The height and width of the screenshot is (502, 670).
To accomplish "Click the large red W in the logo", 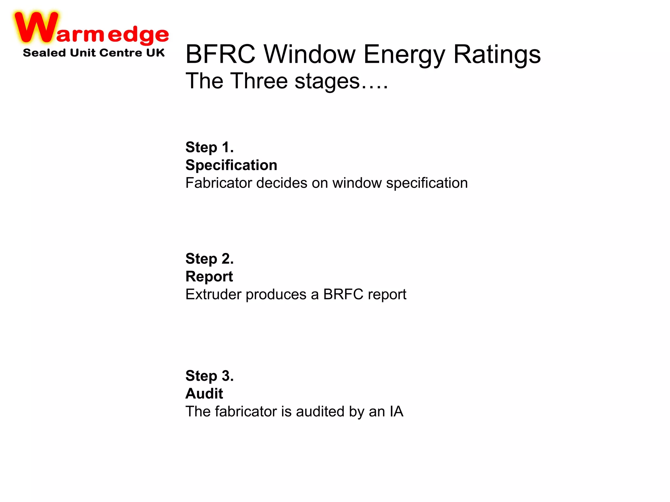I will [x=36, y=28].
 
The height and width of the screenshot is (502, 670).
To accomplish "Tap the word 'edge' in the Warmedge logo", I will [x=138, y=35].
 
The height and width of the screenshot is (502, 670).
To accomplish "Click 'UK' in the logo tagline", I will [x=155, y=53].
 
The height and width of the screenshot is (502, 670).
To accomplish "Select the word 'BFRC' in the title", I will [x=220, y=54].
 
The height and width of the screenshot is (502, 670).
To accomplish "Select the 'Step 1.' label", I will [x=209, y=147].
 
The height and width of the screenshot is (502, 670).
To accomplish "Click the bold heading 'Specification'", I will [x=231, y=165].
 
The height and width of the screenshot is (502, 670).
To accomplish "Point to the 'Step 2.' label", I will [x=209, y=259].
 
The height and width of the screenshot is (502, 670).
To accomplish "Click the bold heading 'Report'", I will [x=209, y=277].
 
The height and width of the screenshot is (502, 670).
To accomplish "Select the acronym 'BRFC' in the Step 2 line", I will [x=343, y=294].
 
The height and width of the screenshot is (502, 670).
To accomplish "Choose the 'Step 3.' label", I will [x=209, y=376].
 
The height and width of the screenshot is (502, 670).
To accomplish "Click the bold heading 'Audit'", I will [x=204, y=393].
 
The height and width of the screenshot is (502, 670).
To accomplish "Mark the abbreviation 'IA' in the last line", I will [x=397, y=411].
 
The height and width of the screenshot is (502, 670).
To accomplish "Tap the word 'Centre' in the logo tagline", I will [x=121, y=53].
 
